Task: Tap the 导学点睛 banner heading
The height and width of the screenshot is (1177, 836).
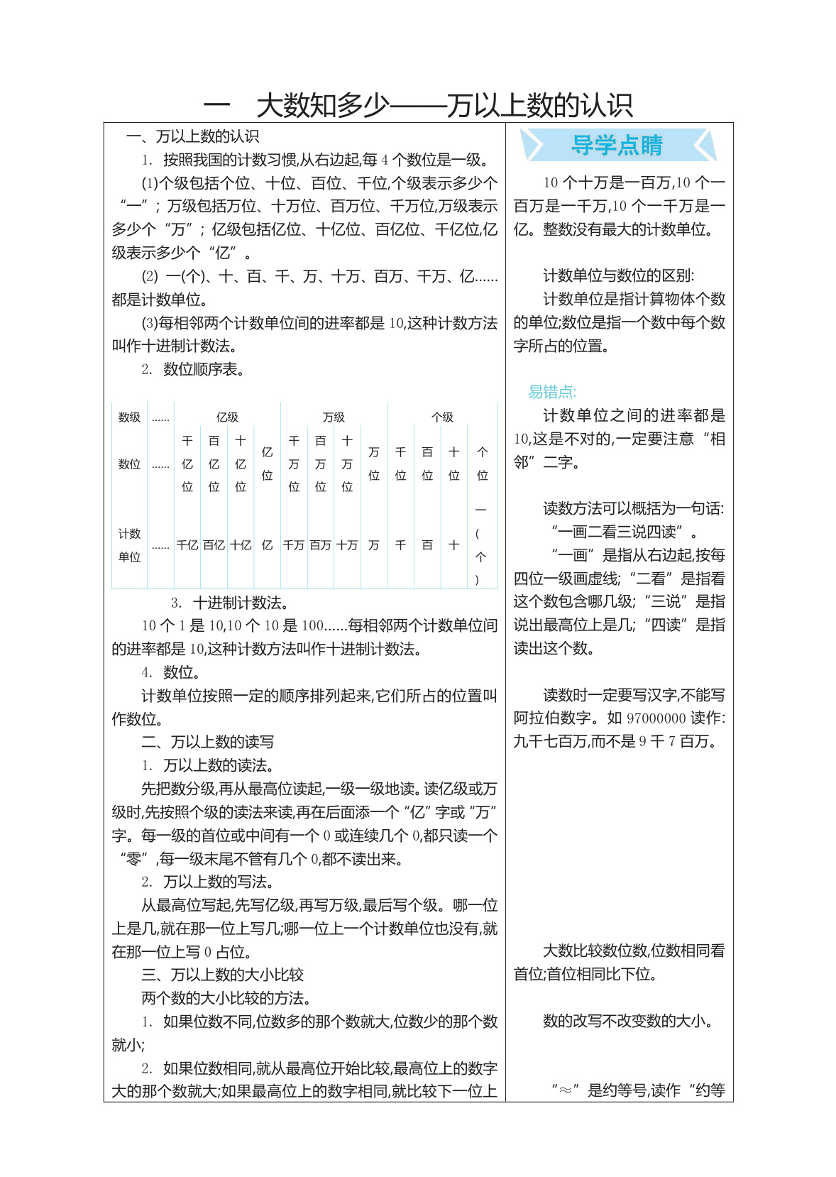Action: tap(617, 145)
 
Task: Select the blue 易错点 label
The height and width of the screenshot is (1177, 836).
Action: tap(552, 392)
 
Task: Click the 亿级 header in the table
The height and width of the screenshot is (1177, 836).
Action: tap(227, 417)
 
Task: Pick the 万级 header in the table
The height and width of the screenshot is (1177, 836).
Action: tap(334, 417)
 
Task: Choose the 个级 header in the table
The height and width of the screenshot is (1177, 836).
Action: tap(442, 417)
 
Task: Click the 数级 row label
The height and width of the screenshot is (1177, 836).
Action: tap(129, 417)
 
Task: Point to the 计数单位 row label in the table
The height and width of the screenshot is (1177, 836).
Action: tap(129, 545)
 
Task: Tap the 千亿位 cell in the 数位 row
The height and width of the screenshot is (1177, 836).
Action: tap(187, 464)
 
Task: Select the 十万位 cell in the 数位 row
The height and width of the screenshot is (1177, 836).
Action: tap(347, 464)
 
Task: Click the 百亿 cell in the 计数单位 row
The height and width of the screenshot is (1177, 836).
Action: tap(214, 545)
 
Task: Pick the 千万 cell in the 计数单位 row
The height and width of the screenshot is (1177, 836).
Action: tap(294, 545)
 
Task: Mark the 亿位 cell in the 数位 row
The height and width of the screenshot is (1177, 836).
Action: tap(267, 464)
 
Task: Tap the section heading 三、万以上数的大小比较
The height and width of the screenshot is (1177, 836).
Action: tap(222, 975)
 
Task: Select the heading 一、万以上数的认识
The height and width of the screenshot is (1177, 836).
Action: tap(192, 136)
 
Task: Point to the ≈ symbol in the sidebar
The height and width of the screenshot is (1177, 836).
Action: tap(566, 1090)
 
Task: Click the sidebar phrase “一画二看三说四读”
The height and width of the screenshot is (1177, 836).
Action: tap(617, 532)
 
